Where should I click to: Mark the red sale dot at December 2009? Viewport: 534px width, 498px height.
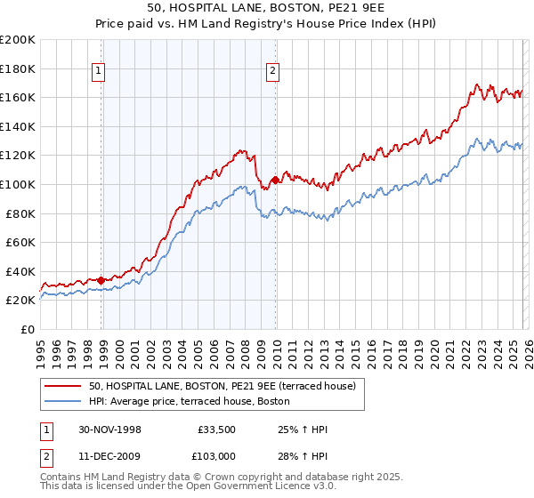[275, 181]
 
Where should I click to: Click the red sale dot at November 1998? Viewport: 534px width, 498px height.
[101, 280]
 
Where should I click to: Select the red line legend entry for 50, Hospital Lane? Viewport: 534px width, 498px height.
[222, 386]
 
